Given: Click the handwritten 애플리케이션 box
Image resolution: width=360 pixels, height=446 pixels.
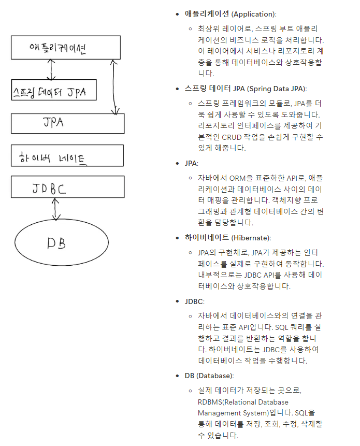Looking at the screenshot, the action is tap(67, 48).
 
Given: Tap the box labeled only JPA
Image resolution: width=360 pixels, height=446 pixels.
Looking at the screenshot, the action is tap(67, 123).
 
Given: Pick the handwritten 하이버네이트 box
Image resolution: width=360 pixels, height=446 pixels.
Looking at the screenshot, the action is tap(67, 155).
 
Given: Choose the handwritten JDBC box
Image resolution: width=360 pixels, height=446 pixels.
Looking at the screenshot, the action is tap(67, 187).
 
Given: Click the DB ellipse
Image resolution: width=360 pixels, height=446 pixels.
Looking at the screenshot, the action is tap(62, 242).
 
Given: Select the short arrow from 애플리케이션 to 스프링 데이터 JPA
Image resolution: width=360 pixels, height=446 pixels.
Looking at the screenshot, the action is tap(51, 69).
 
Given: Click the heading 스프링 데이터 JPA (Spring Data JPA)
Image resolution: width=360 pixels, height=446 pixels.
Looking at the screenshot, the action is tap(246, 89).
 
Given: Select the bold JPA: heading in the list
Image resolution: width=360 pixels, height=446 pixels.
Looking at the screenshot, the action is tap(191, 163).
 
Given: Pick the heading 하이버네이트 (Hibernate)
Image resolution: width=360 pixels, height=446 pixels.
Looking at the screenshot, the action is tap(227, 238).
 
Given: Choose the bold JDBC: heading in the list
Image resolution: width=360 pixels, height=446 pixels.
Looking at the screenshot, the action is tap(194, 301).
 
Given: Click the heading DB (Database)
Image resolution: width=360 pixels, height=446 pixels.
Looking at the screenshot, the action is tap(209, 376).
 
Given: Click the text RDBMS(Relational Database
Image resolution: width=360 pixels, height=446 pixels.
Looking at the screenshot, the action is tap(243, 401).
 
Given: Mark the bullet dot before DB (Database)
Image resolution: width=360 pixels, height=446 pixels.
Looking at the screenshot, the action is tap(178, 376).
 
